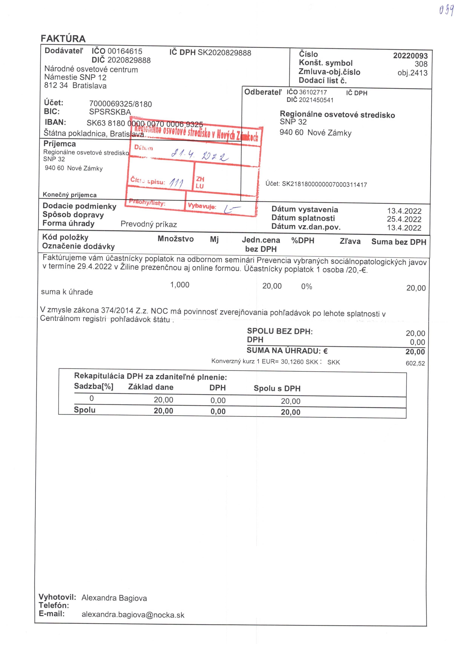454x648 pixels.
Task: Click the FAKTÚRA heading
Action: [x=63, y=38]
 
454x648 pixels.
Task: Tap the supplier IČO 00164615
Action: [x=125, y=51]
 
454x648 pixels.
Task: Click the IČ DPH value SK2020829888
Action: [x=224, y=53]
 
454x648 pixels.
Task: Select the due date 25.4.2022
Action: [x=404, y=219]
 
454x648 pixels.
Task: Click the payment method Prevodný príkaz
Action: [x=149, y=224]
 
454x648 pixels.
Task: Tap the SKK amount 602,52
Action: [x=415, y=363]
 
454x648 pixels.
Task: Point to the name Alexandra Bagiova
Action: [x=114, y=598]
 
